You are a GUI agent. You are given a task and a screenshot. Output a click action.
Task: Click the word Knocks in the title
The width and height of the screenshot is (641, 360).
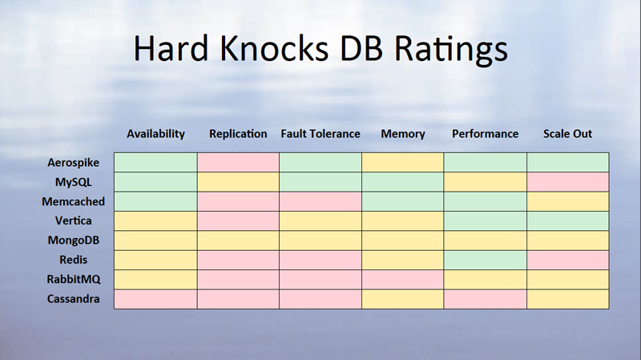[x=274, y=48]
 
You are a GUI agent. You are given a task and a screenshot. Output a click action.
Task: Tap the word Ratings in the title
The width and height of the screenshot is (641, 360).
[x=451, y=50]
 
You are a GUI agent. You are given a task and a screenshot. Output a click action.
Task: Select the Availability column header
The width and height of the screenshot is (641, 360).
[x=155, y=134]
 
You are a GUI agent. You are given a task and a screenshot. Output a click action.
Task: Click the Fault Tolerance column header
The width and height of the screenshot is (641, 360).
[x=320, y=134]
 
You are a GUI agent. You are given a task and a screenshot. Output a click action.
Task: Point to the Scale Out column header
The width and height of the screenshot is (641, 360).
[x=567, y=134]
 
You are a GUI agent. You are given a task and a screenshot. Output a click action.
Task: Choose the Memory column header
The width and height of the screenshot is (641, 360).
[x=403, y=134]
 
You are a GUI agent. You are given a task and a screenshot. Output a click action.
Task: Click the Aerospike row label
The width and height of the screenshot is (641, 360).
[x=73, y=163]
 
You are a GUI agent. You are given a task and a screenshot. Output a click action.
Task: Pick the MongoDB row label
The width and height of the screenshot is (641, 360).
[x=74, y=241]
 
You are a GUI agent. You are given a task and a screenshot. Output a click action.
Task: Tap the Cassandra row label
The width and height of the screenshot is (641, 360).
[x=73, y=299]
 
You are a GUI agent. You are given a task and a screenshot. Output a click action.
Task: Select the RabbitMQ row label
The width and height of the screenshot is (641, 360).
[x=74, y=279]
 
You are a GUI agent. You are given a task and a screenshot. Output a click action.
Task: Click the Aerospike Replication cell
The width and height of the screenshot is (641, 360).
[x=238, y=163]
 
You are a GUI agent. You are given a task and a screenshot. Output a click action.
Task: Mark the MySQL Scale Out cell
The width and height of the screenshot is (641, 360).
[x=568, y=182]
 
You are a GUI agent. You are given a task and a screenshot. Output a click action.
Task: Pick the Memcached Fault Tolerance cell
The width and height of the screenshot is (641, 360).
[x=320, y=202]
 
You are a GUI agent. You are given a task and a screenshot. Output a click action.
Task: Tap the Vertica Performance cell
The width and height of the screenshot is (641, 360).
[x=486, y=221]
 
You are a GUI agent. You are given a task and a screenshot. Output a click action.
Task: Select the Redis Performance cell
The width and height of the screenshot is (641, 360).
[x=486, y=261]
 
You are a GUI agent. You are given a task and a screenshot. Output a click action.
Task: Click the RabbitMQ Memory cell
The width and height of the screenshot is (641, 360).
[x=403, y=279]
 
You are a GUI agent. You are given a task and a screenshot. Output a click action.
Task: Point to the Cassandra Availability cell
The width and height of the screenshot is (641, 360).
[x=155, y=299]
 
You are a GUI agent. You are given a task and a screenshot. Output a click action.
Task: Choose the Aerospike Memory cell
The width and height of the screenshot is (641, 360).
[x=403, y=163]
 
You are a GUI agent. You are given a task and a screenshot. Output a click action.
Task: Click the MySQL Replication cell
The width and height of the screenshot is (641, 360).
[x=238, y=182]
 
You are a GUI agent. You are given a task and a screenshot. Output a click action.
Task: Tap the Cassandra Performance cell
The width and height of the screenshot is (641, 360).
[x=486, y=299]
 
